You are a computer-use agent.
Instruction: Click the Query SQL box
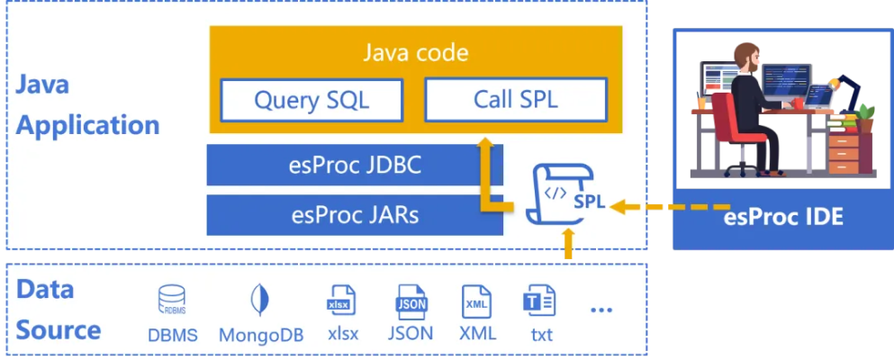pyautogui.click(x=311, y=100)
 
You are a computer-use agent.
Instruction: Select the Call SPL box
pyautogui.click(x=515, y=99)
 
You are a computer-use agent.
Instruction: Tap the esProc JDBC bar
pyautogui.click(x=356, y=166)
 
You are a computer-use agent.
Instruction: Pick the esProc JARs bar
pyautogui.click(x=356, y=215)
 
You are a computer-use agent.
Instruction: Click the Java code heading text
pyautogui.click(x=415, y=52)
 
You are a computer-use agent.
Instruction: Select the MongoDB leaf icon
pyautogui.click(x=261, y=300)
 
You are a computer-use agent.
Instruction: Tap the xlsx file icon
pyautogui.click(x=341, y=300)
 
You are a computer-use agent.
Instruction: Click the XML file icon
pyautogui.click(x=477, y=301)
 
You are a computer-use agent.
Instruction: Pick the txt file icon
pyautogui.click(x=540, y=301)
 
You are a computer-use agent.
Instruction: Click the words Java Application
pyautogui.click(x=87, y=104)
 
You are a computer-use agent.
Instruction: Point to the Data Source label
pyautogui.click(x=58, y=310)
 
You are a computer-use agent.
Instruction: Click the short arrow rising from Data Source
pyautogui.click(x=567, y=244)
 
